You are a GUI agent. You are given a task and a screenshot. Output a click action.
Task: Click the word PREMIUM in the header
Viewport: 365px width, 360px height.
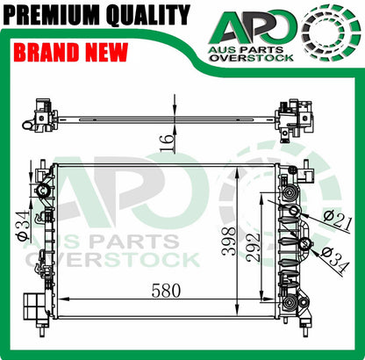click(53, 14)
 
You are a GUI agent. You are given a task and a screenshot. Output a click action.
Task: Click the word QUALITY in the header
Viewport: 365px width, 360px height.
click(148, 15)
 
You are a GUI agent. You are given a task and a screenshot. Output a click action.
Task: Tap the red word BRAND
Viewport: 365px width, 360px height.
click(47, 53)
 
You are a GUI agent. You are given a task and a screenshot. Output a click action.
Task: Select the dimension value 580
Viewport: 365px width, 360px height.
click(166, 291)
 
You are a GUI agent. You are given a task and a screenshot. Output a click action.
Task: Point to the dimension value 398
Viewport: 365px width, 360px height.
click(228, 241)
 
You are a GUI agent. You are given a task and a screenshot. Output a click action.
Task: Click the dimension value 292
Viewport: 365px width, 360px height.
click(253, 248)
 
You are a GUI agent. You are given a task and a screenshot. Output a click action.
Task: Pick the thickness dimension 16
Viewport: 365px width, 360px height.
click(167, 143)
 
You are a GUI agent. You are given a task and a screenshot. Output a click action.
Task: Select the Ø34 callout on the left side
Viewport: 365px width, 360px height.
click(24, 226)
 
